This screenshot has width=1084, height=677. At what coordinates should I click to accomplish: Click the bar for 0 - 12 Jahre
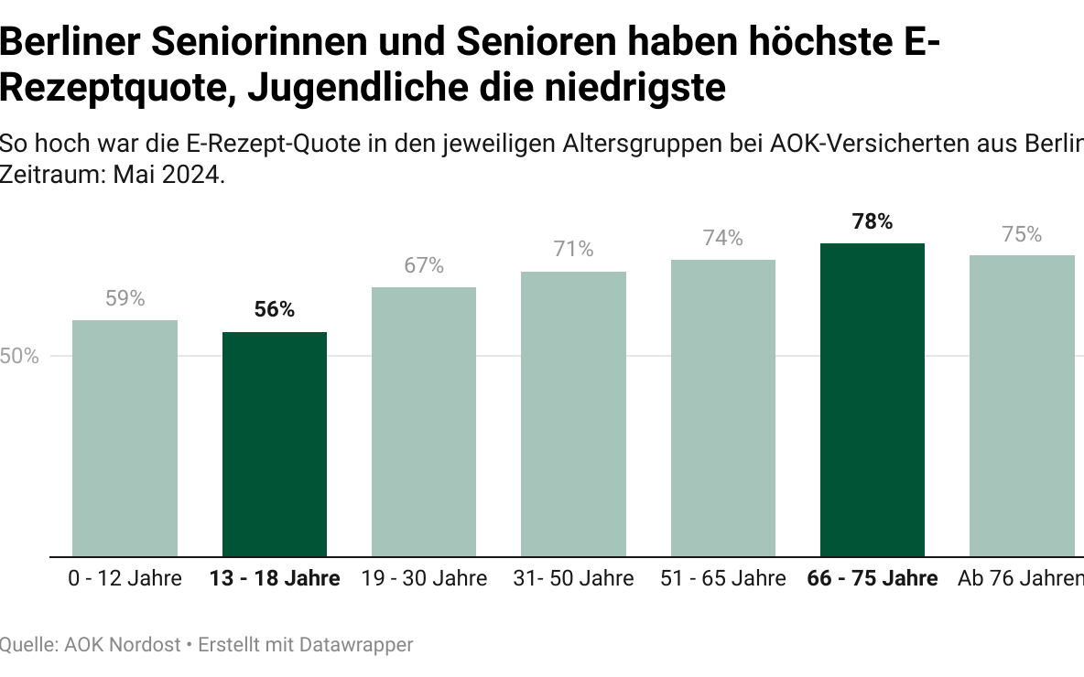125,438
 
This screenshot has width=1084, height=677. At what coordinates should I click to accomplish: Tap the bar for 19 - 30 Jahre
424,422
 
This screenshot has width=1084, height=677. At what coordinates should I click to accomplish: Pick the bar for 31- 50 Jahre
574,414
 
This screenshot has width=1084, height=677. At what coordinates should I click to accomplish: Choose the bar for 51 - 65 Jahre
723,408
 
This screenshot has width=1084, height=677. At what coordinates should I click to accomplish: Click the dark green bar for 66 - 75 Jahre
873,400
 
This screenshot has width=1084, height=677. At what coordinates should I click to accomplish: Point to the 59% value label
125,298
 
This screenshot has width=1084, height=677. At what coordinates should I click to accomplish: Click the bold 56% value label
275,310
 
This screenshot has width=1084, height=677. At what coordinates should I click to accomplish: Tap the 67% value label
424,265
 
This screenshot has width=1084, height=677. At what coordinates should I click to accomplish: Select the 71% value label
574,250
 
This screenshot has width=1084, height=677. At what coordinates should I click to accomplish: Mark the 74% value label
723,238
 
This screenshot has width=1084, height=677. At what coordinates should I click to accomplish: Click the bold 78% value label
873,221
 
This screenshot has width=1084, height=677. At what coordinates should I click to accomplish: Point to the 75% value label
1022,234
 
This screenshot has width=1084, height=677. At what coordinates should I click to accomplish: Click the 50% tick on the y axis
19,357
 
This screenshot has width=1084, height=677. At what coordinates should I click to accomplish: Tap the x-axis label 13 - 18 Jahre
275,579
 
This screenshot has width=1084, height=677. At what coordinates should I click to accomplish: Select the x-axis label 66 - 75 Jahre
873,579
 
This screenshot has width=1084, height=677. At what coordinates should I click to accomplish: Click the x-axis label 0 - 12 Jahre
125,579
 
